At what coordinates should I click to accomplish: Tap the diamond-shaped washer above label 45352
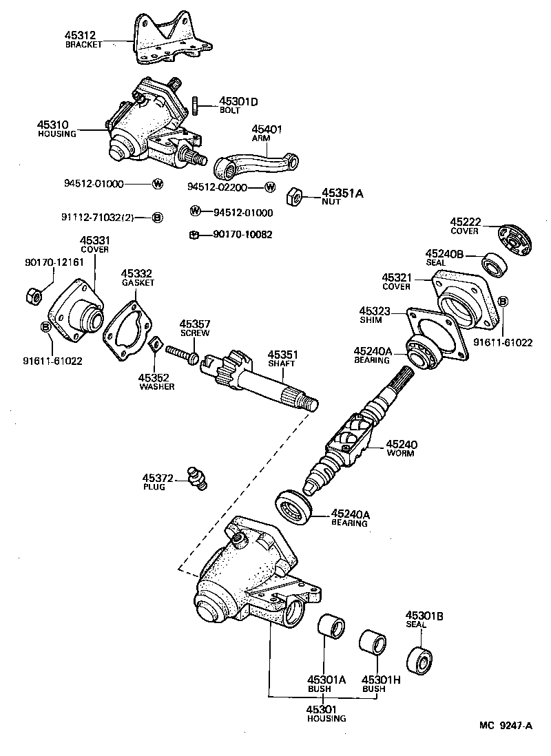tap(156, 344)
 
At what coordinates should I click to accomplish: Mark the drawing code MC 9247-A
tap(506, 725)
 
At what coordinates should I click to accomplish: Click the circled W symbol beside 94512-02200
tap(270, 187)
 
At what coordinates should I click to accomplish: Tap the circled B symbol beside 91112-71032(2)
tap(157, 218)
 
